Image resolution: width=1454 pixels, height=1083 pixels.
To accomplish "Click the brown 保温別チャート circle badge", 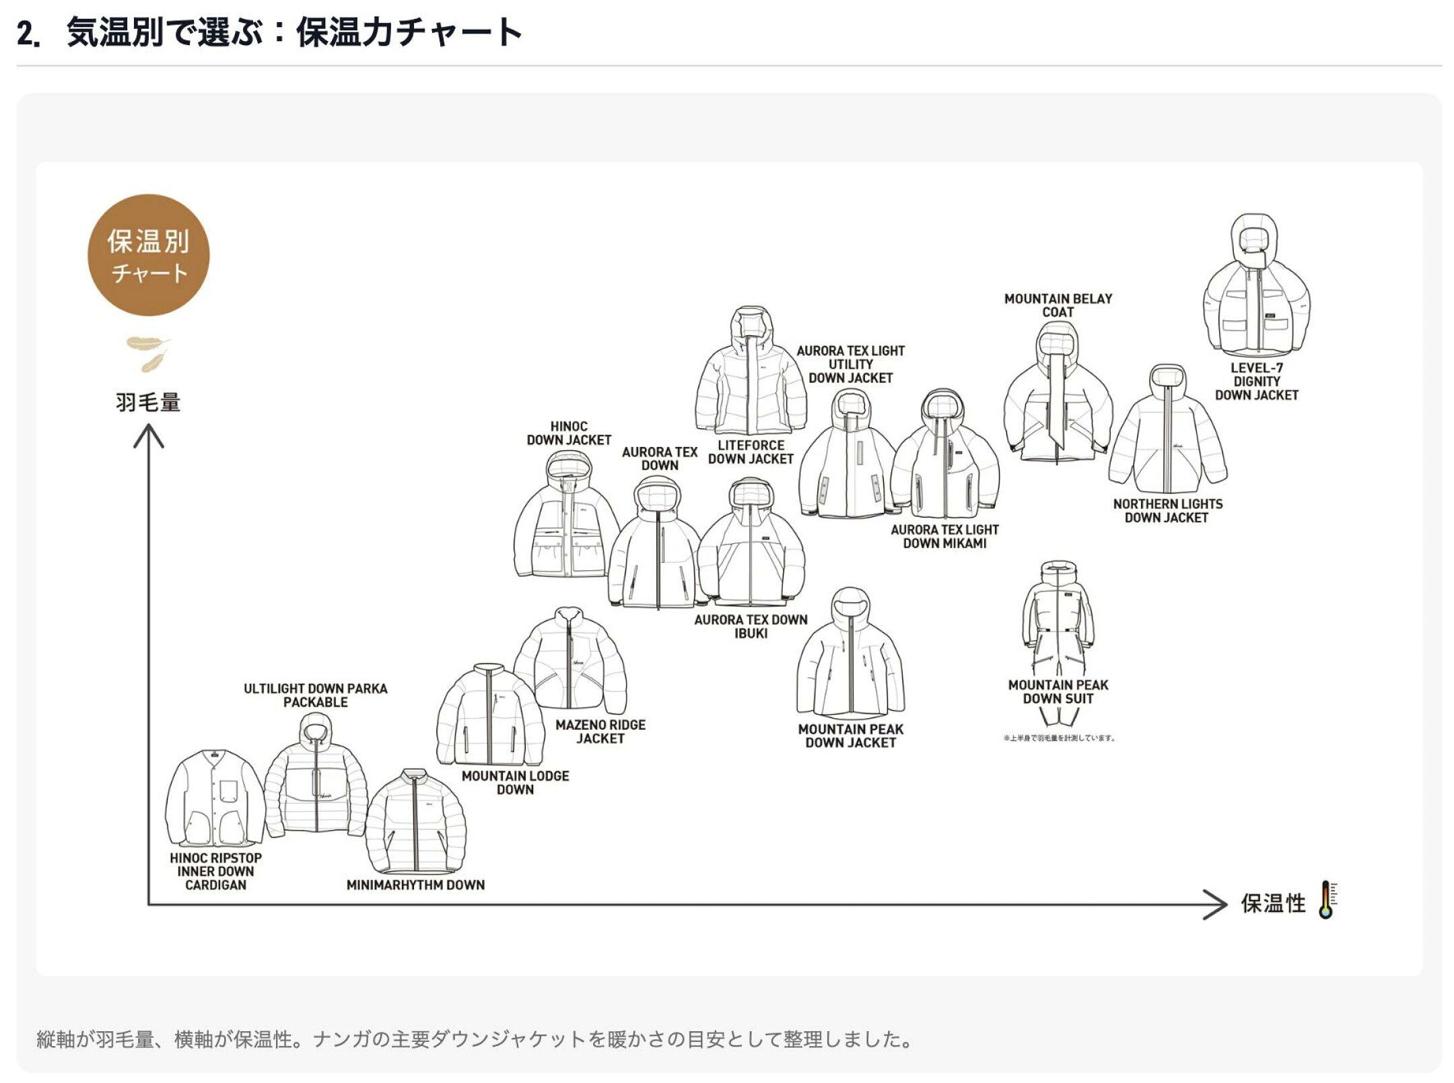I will click(x=148, y=255).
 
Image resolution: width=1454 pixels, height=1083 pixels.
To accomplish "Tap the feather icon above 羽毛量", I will click(x=148, y=354).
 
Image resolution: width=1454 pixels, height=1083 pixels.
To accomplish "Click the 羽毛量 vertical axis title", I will click(x=148, y=403).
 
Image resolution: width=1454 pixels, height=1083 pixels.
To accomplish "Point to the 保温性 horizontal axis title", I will click(x=1273, y=903).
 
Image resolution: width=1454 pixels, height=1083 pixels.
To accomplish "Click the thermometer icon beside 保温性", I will click(x=1327, y=900).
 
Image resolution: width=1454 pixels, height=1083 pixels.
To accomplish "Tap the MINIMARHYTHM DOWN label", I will click(x=415, y=885).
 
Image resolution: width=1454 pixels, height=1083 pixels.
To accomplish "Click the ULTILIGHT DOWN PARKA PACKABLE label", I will click(x=315, y=695).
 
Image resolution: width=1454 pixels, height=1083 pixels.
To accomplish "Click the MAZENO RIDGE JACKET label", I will click(x=600, y=732).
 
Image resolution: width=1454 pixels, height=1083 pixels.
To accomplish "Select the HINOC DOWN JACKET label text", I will click(x=569, y=433).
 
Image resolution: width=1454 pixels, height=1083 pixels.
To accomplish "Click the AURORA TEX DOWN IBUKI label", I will click(x=751, y=627).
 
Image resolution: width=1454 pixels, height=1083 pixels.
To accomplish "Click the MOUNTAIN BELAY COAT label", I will click(x=1058, y=306).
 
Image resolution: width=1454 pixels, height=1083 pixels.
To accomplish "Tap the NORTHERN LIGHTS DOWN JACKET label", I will click(x=1167, y=511).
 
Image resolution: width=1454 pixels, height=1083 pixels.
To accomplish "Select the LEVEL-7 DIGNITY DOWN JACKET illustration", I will click(x=1255, y=285).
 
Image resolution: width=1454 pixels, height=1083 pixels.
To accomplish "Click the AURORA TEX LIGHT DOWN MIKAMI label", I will click(x=944, y=536).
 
